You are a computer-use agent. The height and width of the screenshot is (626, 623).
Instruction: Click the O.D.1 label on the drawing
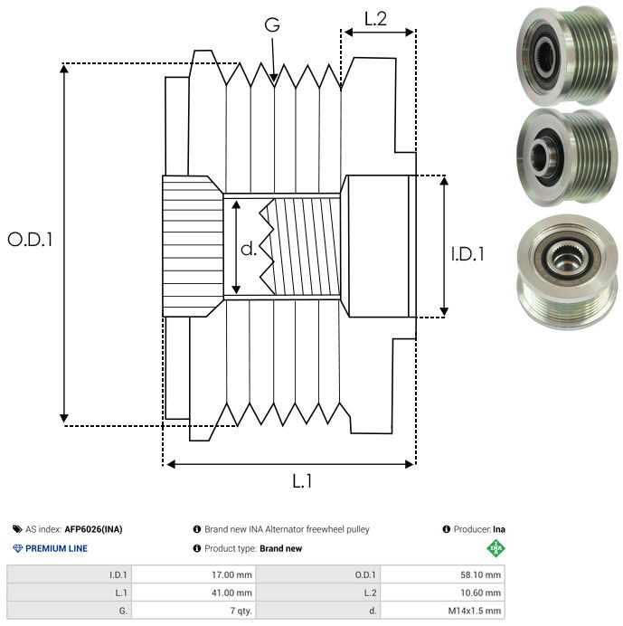pyautogui.click(x=30, y=240)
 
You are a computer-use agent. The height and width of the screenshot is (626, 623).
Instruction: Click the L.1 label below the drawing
pyautogui.click(x=301, y=482)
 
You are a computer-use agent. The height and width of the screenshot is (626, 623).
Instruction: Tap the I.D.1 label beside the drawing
pyautogui.click(x=467, y=255)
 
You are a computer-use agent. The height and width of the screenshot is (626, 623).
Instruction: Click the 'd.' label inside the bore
pyautogui.click(x=249, y=249)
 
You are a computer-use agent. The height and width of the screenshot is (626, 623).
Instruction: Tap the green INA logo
pyautogui.click(x=495, y=547)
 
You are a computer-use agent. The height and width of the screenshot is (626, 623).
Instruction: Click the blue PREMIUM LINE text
pyautogui.click(x=56, y=548)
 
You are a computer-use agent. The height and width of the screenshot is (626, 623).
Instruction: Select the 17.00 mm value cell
pyautogui.click(x=194, y=574)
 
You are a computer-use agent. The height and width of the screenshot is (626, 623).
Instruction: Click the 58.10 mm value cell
pyautogui.click(x=442, y=574)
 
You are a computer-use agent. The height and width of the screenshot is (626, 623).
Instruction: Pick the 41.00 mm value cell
pyautogui.click(x=194, y=593)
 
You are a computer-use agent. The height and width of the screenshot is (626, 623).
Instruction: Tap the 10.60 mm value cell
pyautogui.click(x=442, y=593)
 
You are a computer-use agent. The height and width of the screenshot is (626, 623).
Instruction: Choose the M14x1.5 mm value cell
pyautogui.click(x=442, y=612)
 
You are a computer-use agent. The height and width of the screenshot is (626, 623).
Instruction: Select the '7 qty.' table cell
pyautogui.click(x=194, y=612)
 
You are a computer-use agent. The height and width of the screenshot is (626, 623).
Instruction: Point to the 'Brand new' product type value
pyautogui.click(x=280, y=548)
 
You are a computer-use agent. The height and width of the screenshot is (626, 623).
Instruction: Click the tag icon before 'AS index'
pyautogui.click(x=17, y=529)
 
